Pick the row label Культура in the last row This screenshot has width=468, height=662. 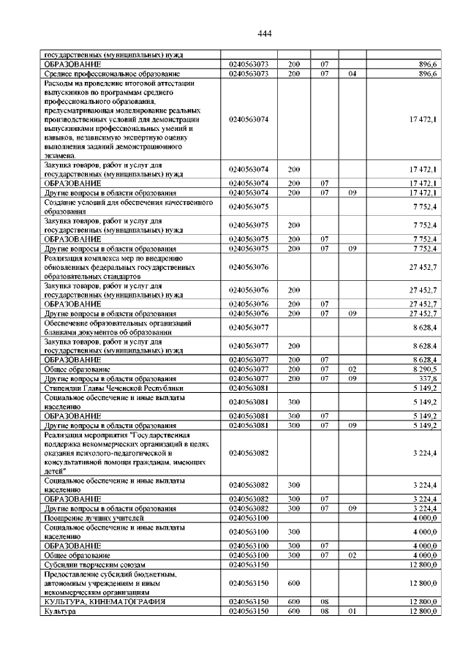tap(60, 611)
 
